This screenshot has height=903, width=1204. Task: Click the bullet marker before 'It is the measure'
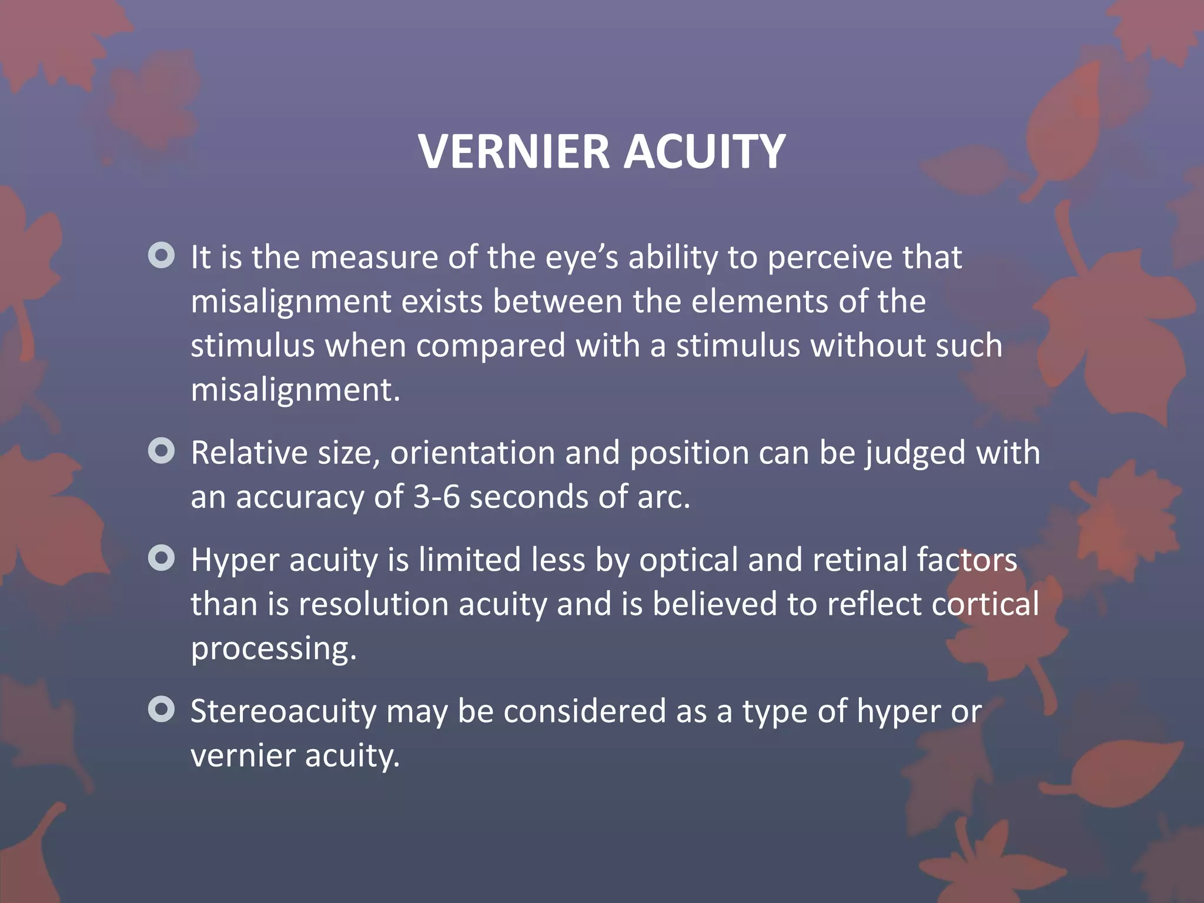pyautogui.click(x=162, y=256)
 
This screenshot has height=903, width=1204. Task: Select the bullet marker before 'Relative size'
pyautogui.click(x=162, y=451)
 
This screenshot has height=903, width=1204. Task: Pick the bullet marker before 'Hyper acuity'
pyautogui.click(x=162, y=558)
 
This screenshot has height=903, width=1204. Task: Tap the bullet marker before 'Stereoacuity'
pyautogui.click(x=162, y=709)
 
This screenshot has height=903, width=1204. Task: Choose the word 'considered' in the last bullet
pyautogui.click(x=584, y=711)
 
